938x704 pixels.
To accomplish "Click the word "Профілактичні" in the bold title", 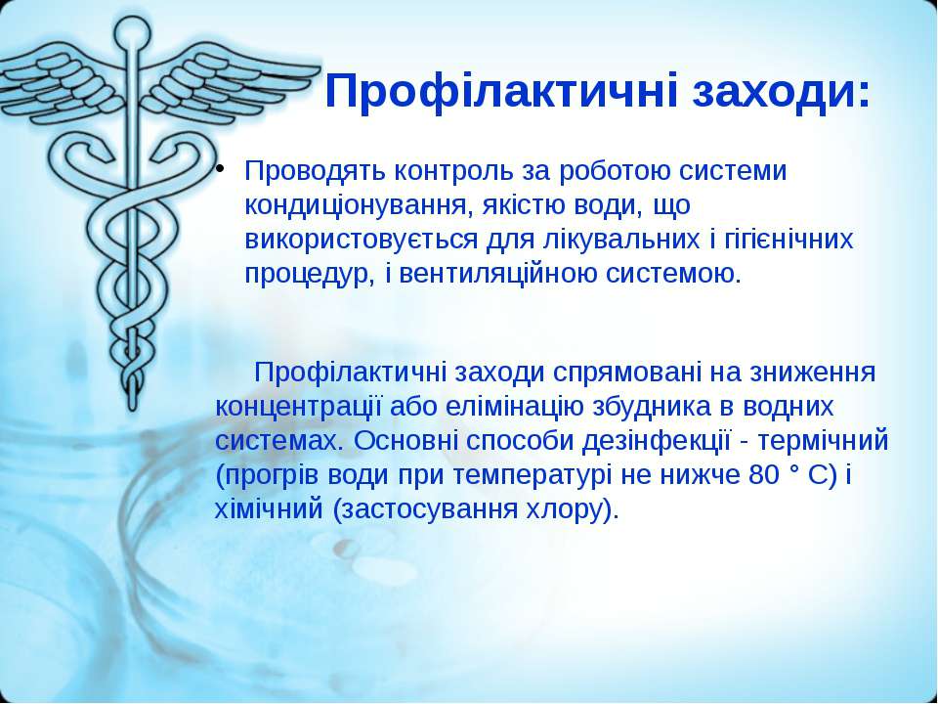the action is pos(501,93).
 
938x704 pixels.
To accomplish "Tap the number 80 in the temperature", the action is pos(764,476).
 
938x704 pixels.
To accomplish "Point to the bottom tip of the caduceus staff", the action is pos(133,409).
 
